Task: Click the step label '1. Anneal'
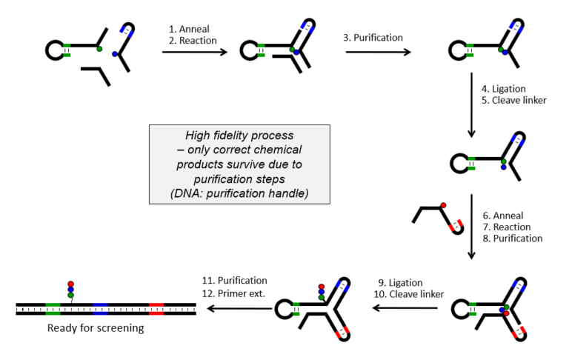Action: point(190,28)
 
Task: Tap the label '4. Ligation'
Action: point(507,88)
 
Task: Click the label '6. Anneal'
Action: point(507,214)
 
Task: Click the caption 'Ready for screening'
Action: point(95,327)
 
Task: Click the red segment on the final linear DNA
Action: point(156,308)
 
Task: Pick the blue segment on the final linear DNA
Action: point(101,308)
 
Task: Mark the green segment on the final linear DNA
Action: point(53,308)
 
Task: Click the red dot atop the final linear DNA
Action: point(71,283)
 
